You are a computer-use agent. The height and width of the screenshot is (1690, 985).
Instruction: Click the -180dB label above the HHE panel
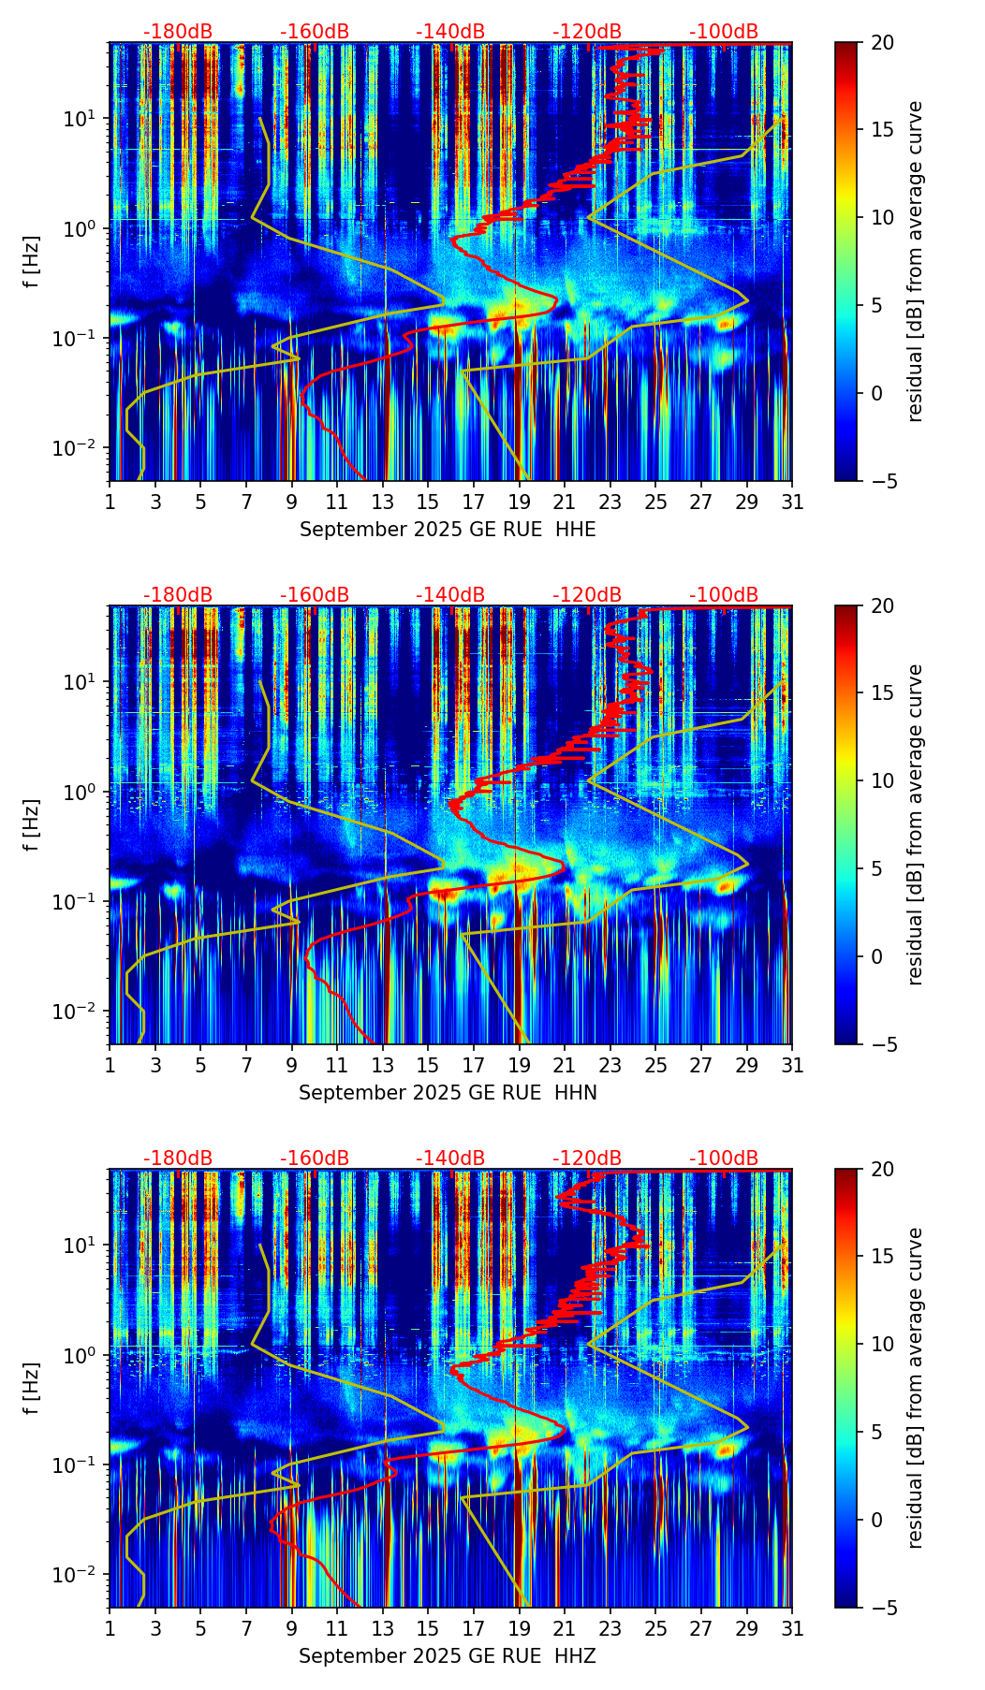[178, 32]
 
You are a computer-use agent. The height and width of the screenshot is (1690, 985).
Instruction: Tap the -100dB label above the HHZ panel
[724, 1158]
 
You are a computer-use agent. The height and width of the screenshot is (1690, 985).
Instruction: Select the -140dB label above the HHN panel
[450, 595]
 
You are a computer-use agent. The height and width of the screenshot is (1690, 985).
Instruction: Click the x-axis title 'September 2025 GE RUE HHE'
[448, 530]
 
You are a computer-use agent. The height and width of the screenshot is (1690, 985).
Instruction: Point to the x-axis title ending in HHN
[448, 1093]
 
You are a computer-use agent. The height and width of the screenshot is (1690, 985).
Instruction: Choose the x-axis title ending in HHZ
[448, 1656]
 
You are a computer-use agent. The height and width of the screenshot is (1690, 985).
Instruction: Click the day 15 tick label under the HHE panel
[428, 503]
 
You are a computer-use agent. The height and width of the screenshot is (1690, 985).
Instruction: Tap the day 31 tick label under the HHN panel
[792, 1066]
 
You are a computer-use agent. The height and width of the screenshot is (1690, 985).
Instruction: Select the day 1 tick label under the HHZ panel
[110, 1629]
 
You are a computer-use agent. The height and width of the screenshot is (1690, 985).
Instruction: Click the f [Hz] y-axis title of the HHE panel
[32, 262]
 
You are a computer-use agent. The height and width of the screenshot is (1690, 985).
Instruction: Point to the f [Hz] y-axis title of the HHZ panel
[32, 1389]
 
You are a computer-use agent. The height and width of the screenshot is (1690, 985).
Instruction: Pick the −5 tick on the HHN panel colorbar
[882, 1044]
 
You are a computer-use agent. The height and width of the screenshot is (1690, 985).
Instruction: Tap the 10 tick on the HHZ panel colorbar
[883, 1344]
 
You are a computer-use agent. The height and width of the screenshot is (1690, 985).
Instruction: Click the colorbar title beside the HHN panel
[915, 824]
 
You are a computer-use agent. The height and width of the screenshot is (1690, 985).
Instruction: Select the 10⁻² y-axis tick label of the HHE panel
[77, 448]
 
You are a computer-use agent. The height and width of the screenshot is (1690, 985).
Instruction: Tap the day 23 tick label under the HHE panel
[610, 503]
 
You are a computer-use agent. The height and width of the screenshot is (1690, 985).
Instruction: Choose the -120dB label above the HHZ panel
[587, 1158]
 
